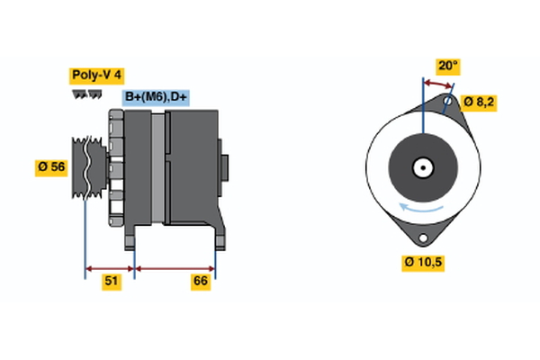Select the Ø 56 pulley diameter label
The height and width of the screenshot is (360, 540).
click(x=52, y=166)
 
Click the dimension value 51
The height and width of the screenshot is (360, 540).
click(x=112, y=282)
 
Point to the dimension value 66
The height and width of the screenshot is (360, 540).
click(x=201, y=282)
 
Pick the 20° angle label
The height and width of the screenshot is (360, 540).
click(x=447, y=66)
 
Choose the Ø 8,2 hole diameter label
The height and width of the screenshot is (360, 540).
click(x=479, y=102)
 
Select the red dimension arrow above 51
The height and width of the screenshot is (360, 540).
click(x=110, y=267)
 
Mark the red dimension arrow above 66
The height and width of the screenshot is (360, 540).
click(x=175, y=267)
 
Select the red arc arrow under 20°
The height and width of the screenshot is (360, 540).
click(x=437, y=83)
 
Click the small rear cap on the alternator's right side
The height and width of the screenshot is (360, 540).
click(x=224, y=168)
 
